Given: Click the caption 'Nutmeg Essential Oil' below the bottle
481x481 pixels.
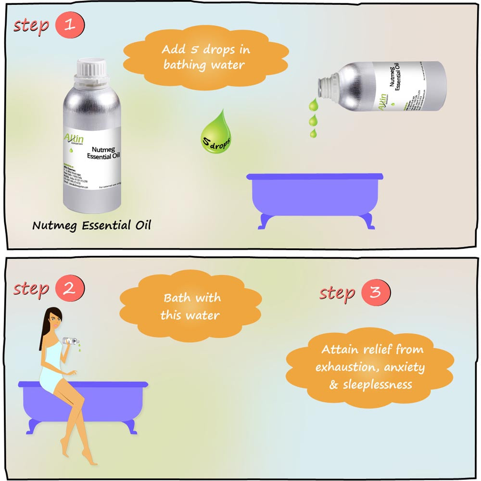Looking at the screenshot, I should [91, 225].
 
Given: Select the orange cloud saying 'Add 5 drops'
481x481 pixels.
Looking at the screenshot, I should [206, 57].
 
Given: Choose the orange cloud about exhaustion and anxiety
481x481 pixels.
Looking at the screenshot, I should [370, 367].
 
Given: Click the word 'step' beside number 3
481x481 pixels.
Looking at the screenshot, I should [337, 293].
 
